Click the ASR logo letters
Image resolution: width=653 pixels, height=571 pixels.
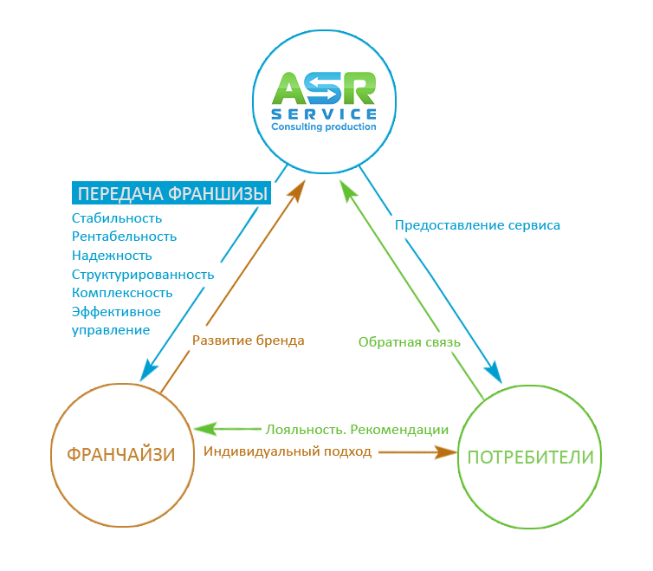click(x=324, y=88)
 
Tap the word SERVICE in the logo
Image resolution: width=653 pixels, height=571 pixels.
click(x=324, y=114)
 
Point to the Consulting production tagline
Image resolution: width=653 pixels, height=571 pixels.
click(x=324, y=127)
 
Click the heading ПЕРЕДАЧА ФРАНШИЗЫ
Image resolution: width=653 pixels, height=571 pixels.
click(x=171, y=193)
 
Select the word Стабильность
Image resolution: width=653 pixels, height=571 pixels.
click(x=117, y=217)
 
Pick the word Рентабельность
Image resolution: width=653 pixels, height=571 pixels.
click(x=124, y=236)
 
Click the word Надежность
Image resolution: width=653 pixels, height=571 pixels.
click(x=112, y=255)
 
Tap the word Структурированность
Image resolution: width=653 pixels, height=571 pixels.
click(x=143, y=274)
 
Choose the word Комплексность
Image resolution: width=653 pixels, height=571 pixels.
click(x=122, y=293)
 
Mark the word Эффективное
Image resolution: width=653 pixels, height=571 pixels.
click(x=116, y=312)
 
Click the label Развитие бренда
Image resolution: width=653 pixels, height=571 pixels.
click(x=248, y=341)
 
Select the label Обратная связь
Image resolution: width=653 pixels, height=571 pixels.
click(x=409, y=341)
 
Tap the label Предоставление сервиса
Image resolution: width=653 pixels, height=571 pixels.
click(x=477, y=225)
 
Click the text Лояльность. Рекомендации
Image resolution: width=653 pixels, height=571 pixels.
click(x=357, y=429)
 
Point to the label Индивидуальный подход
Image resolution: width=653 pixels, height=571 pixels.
click(x=288, y=451)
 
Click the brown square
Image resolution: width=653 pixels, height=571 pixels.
click(x=124, y=454)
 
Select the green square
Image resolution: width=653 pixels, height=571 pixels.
click(x=526, y=454)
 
